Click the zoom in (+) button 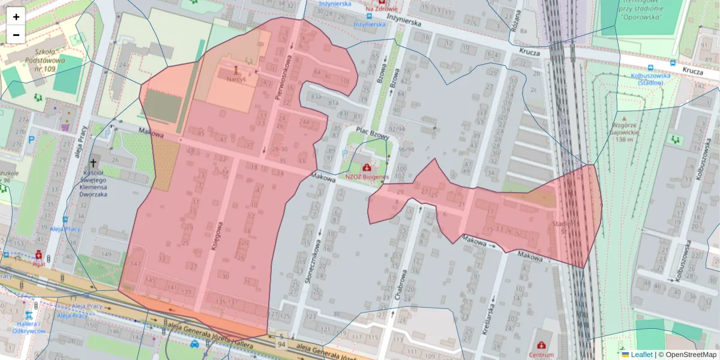tap(16, 16)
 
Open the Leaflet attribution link tap(641, 355)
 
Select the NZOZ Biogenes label tap(367, 177)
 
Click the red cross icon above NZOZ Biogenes tap(367, 168)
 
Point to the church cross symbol tap(93, 163)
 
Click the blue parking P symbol tap(32, 139)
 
